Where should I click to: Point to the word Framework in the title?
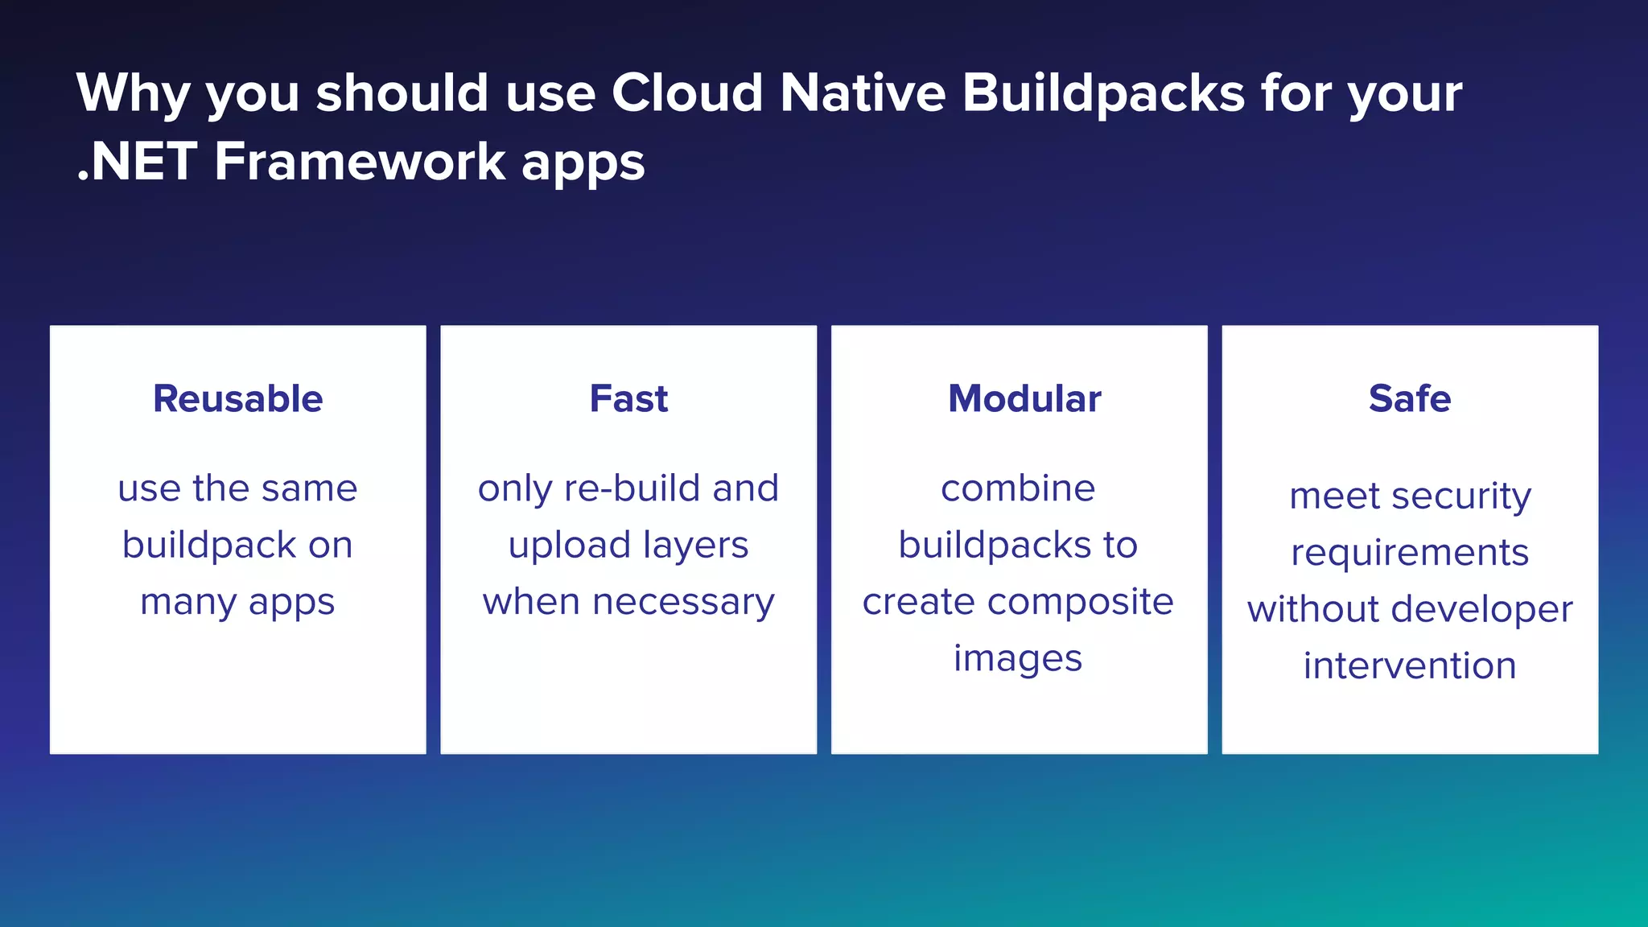tap(360, 162)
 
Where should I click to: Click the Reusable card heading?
tap(238, 399)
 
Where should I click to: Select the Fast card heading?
tap(628, 399)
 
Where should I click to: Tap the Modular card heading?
tap(1024, 399)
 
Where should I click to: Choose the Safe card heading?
tap(1410, 399)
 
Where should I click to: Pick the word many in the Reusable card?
tap(188, 603)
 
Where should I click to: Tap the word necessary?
tap(683, 603)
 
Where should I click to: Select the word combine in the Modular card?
tap(1018, 488)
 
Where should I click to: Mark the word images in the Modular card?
tap(1018, 659)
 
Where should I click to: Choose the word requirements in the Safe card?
tap(1410, 553)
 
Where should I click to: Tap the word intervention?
tap(1410, 666)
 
